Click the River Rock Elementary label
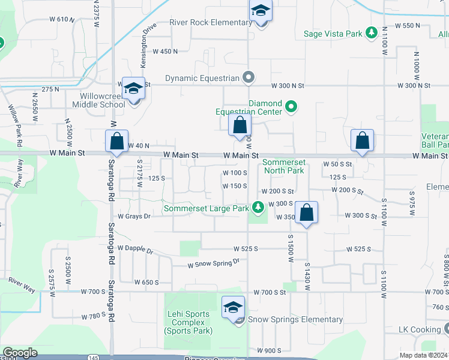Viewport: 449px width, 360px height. [211, 23]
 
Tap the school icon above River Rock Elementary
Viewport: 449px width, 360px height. [261, 11]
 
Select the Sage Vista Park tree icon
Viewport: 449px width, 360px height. [372, 34]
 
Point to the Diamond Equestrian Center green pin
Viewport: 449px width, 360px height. [291, 107]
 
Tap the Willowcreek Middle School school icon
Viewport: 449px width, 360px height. [133, 89]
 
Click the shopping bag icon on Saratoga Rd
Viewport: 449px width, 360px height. [117, 142]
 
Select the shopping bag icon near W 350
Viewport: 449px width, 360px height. [306, 212]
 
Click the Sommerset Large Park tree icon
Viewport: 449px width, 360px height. [258, 208]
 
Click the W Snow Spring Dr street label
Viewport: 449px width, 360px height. [213, 263]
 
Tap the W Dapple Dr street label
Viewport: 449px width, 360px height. [136, 248]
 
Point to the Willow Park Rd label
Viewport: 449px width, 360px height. [15, 126]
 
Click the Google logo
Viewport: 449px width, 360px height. [20, 353]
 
